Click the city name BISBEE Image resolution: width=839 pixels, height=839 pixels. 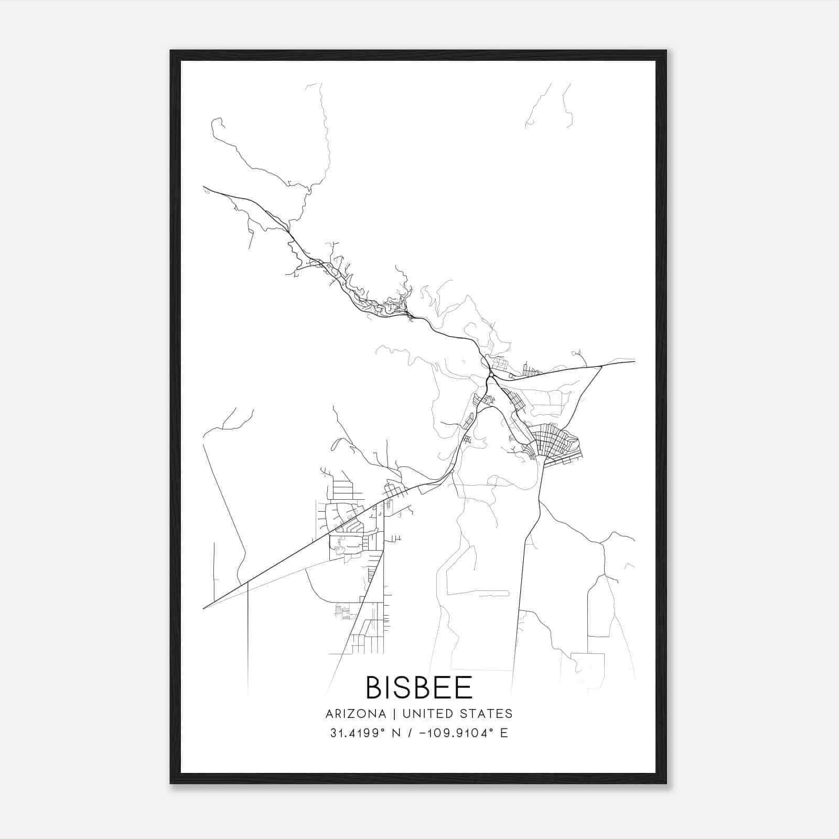point(419,687)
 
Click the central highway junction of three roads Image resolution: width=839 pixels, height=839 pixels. point(490,375)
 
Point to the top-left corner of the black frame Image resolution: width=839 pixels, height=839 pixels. point(171,51)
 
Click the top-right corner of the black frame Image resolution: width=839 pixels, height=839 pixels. point(666,51)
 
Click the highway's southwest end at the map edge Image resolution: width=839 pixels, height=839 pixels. point(203,608)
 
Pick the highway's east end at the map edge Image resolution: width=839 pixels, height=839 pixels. point(634,361)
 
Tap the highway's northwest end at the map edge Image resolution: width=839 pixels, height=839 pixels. point(203,187)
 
